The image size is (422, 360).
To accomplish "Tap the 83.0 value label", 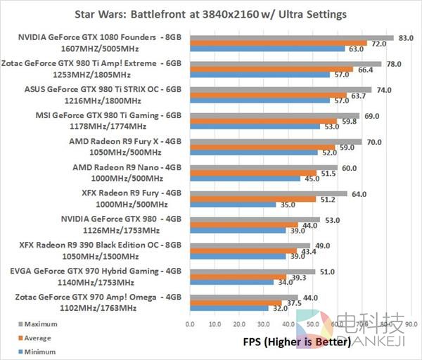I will click(405, 37).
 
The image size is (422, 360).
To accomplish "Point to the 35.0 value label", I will click(288, 205).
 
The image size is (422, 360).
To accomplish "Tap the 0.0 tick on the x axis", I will click(189, 324).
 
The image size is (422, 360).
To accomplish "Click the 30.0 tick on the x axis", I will click(263, 324).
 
